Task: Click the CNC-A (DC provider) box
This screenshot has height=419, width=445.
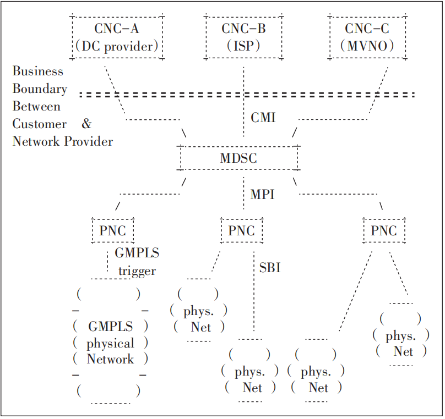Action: pyautogui.click(x=118, y=37)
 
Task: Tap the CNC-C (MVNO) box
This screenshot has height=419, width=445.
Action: pyautogui.click(x=367, y=37)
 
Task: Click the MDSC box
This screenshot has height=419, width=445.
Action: pyautogui.click(x=238, y=158)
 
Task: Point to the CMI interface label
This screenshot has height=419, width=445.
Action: pyautogui.click(x=263, y=118)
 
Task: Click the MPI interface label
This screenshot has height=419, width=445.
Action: pyautogui.click(x=262, y=195)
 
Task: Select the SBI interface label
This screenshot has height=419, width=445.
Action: pyautogui.click(x=270, y=268)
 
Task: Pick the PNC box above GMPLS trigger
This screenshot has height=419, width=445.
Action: pyautogui.click(x=112, y=231)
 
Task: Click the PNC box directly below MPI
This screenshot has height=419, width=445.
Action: pyautogui.click(x=241, y=231)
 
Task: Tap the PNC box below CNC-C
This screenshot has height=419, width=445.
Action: pyautogui.click(x=384, y=231)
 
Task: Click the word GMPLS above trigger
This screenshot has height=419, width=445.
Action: pyautogui.click(x=137, y=253)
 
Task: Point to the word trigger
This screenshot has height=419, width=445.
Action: pyautogui.click(x=137, y=271)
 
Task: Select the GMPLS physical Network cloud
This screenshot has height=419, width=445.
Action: pyautogui.click(x=110, y=343)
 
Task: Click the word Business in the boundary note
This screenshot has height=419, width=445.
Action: pyautogui.click(x=38, y=71)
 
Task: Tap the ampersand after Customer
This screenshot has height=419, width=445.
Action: pyautogui.click(x=86, y=124)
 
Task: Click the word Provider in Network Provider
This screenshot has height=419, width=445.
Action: pyautogui.click(x=88, y=141)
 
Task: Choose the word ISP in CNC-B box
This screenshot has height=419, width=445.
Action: pyautogui.click(x=243, y=46)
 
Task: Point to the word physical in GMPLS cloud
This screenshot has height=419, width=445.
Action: pyautogui.click(x=110, y=344)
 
